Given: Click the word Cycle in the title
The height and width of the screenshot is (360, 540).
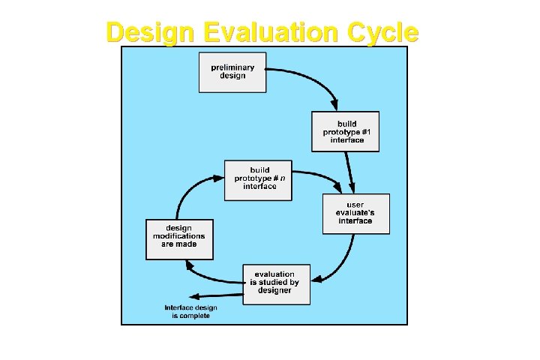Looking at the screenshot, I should pos(381,32).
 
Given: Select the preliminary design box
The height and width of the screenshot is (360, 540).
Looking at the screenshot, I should pos(232,72).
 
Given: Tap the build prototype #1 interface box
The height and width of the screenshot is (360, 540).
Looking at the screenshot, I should pos(346,131).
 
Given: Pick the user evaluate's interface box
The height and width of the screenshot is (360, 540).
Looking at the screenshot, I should pos(355,213).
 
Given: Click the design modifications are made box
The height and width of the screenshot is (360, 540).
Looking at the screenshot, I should pos(179,239).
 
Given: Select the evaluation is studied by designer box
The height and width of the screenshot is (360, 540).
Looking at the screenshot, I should pos(277,283).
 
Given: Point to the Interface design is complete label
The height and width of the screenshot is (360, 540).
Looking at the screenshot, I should pos(187,311).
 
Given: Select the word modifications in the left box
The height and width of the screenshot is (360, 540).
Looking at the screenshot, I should pos(179,236).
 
